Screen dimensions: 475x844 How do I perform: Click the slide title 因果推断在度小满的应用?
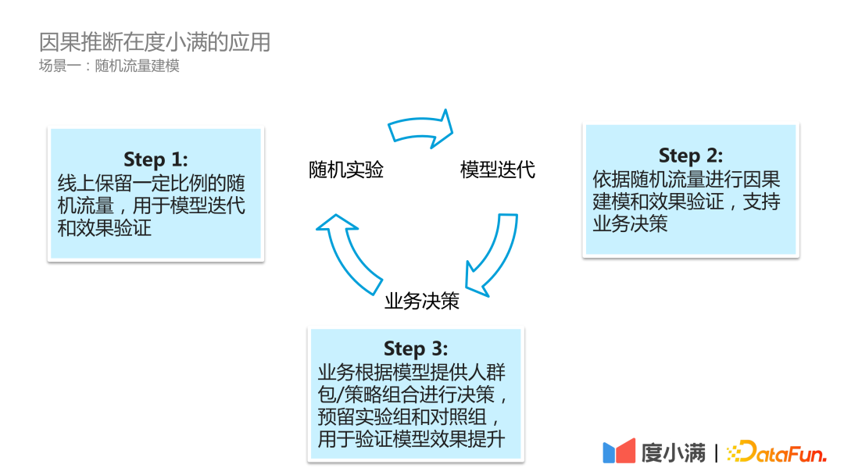coord(155,41)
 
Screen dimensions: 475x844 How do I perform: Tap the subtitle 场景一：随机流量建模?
coord(109,66)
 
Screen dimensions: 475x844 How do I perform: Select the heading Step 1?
coord(156,159)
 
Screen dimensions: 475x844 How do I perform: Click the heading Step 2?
coord(690,155)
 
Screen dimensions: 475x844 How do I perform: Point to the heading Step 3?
coord(416,348)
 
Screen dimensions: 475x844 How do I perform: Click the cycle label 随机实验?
coord(346,170)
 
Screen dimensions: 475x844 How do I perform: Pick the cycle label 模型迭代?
coord(498,170)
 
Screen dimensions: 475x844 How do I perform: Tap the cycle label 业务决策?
coord(422,301)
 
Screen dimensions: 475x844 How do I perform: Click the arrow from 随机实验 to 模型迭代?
coord(421,127)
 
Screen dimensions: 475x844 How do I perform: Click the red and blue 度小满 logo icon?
coord(619,452)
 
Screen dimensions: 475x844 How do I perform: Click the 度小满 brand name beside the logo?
coord(673,452)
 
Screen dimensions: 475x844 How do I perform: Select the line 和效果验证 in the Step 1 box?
coord(105,228)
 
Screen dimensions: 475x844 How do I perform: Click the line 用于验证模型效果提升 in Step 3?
coord(411,439)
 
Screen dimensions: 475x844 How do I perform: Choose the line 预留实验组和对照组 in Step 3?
coord(411,416)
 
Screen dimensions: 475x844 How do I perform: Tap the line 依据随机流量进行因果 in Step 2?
coord(686,180)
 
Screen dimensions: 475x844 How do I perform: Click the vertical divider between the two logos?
coord(717,452)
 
